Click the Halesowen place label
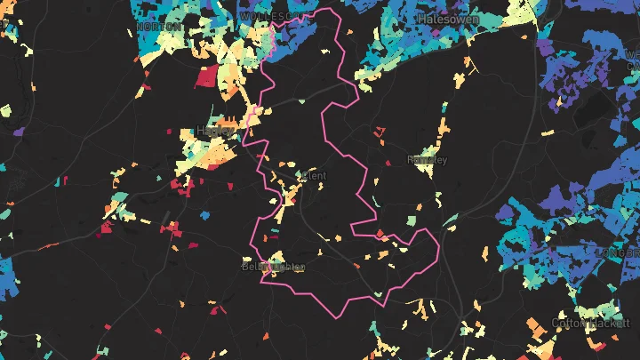click(x=449, y=18)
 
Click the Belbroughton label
click(x=273, y=266)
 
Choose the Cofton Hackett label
click(x=583, y=322)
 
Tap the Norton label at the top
click(x=162, y=27)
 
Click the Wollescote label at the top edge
click(x=265, y=16)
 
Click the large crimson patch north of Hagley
click(x=206, y=76)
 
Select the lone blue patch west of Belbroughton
click(x=204, y=215)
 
